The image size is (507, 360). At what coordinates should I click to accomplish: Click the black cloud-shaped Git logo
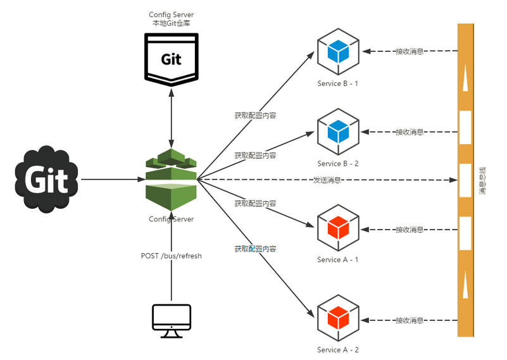point(47,180)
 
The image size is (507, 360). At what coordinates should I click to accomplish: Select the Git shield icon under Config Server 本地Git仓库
point(171,59)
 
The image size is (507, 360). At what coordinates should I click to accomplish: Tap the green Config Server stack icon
point(172,180)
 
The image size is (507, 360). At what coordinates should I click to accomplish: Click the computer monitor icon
point(172,321)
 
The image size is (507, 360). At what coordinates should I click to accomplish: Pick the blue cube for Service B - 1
point(338,52)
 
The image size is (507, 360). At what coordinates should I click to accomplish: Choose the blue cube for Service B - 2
point(338,132)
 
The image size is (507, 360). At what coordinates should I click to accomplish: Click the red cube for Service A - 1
point(338,228)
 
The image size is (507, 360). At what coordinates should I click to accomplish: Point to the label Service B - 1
point(338,84)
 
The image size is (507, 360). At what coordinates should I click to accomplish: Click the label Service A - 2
point(338,350)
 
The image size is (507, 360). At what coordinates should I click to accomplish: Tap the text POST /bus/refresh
point(171,256)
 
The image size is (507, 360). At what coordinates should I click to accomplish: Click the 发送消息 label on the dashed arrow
point(327,180)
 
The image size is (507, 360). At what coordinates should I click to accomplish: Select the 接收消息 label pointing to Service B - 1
point(410,51)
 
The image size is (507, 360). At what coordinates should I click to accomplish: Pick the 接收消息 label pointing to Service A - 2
point(410,320)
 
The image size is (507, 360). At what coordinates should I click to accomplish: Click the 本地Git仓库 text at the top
point(172,23)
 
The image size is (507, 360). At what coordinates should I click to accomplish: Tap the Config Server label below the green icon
point(171,219)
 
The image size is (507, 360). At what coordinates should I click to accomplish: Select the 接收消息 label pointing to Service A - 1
point(410,230)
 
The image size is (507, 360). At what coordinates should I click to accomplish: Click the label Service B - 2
point(338,164)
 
